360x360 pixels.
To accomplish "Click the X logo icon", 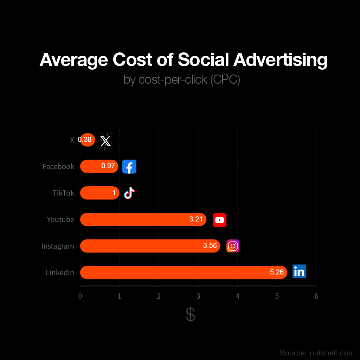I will pyautogui.click(x=105, y=141).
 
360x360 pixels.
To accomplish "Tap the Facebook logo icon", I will pyautogui.click(x=129, y=167).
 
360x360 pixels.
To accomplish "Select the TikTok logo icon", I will pyautogui.click(x=129, y=193).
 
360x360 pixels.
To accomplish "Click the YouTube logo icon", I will pyautogui.click(x=219, y=220).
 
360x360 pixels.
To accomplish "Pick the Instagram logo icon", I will pyautogui.click(x=233, y=246).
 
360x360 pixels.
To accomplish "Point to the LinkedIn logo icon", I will pyautogui.click(x=299, y=271).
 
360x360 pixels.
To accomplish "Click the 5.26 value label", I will pyautogui.click(x=277, y=272).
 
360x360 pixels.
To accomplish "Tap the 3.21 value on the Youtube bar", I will pyautogui.click(x=196, y=219).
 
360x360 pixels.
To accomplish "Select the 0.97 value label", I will pyautogui.click(x=108, y=166).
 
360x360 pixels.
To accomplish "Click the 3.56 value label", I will pyautogui.click(x=210, y=246).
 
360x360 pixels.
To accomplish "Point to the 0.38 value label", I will pyautogui.click(x=85, y=140).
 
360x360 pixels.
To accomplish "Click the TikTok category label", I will pyautogui.click(x=64, y=193).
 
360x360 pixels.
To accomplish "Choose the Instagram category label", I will pyautogui.click(x=58, y=246).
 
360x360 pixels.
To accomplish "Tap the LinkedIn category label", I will pyautogui.click(x=60, y=272).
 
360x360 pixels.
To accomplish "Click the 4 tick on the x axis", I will pyautogui.click(x=238, y=296).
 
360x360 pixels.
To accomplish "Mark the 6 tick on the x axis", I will pyautogui.click(x=316, y=296).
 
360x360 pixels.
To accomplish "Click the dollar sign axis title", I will pyautogui.click(x=190, y=315).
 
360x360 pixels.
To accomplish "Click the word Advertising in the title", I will pyautogui.click(x=280, y=59).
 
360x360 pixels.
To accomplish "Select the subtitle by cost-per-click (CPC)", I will pyautogui.click(x=182, y=79).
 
